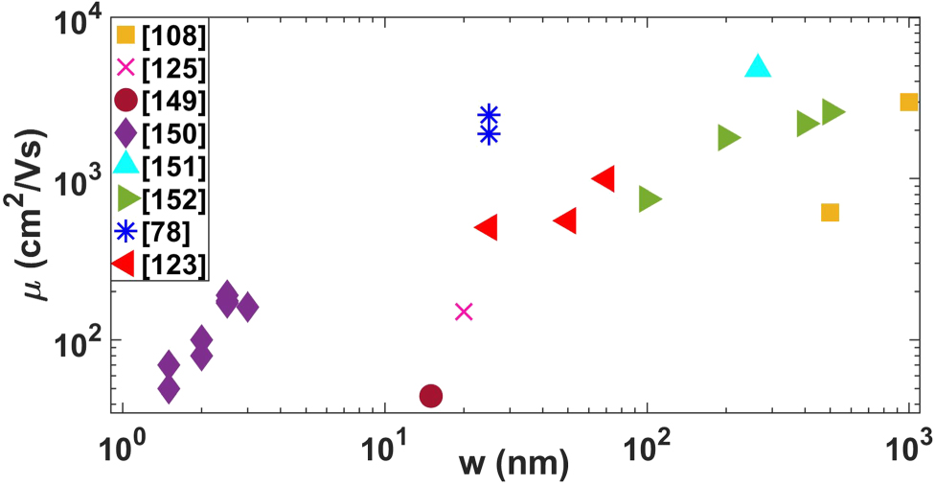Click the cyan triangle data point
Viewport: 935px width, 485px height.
click(x=758, y=66)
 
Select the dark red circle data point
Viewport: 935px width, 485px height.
click(x=431, y=396)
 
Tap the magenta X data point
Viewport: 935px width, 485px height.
click(x=464, y=312)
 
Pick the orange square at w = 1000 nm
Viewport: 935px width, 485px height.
click(x=909, y=102)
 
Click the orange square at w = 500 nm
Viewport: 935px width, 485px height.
click(x=831, y=212)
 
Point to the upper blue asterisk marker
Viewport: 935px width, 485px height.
click(x=489, y=115)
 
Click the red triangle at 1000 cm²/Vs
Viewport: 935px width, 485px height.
click(x=604, y=178)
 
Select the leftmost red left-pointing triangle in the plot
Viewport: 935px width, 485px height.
click(x=487, y=227)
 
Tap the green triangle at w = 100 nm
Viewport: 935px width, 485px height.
click(x=650, y=199)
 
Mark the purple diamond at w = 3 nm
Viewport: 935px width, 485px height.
click(x=248, y=308)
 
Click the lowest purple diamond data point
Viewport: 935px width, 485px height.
click(x=169, y=389)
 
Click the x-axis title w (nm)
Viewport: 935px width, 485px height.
click(x=513, y=465)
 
